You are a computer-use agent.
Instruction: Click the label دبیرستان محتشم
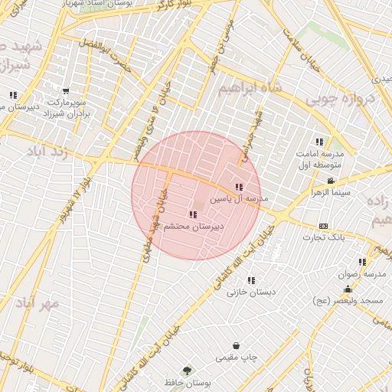[191, 227]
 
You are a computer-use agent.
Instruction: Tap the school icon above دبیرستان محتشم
[191, 214]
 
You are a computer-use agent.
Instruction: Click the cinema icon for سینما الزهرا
[331, 181]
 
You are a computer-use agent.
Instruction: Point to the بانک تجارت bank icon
[323, 226]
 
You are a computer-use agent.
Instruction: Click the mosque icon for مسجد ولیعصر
[348, 289]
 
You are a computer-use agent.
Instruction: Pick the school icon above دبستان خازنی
[251, 279]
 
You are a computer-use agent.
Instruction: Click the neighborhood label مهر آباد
[39, 303]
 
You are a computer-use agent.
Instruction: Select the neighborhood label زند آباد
[49, 152]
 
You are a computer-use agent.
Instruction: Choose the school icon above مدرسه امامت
[319, 142]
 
